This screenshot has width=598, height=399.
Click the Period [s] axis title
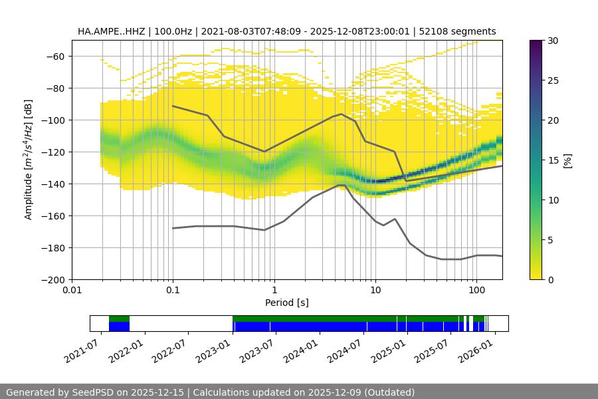click(286, 303)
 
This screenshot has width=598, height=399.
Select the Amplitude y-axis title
click(29, 160)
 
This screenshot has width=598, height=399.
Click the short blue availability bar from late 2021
click(119, 327)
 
